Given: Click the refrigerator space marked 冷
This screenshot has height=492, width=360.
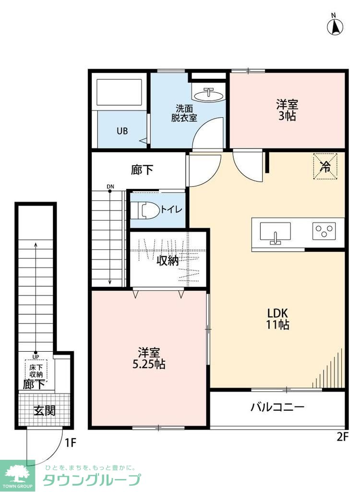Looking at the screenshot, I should click(325, 166).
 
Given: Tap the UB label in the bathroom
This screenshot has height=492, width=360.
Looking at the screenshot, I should click(122, 131).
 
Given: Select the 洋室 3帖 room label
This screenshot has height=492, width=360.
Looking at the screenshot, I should click(287, 110).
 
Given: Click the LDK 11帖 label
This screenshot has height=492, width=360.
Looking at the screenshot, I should click(278, 318).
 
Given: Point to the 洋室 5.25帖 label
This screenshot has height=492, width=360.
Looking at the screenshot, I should click(148, 358).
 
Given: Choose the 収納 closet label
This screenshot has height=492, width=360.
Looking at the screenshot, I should click(168, 260).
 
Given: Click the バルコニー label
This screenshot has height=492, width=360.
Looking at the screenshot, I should click(277, 408).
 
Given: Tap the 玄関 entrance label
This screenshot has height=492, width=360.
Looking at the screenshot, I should click(44, 410).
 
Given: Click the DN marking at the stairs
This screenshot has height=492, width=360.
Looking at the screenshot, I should click(110, 186).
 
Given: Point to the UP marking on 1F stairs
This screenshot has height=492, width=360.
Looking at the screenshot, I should click(36, 357).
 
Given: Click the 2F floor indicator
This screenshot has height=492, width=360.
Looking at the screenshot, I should click(342, 437).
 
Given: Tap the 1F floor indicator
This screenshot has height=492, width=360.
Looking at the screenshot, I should click(71, 443).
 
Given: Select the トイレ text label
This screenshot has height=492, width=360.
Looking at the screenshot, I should click(170, 209).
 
